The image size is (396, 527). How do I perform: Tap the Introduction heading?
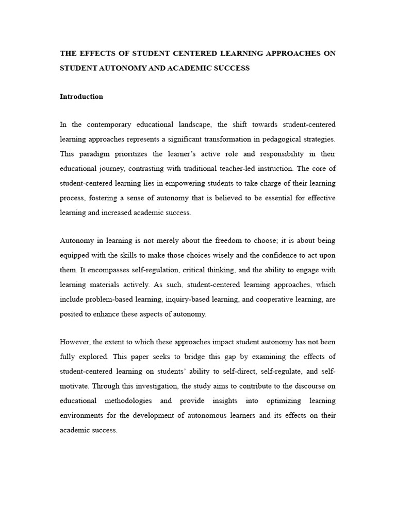click(x=81, y=96)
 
